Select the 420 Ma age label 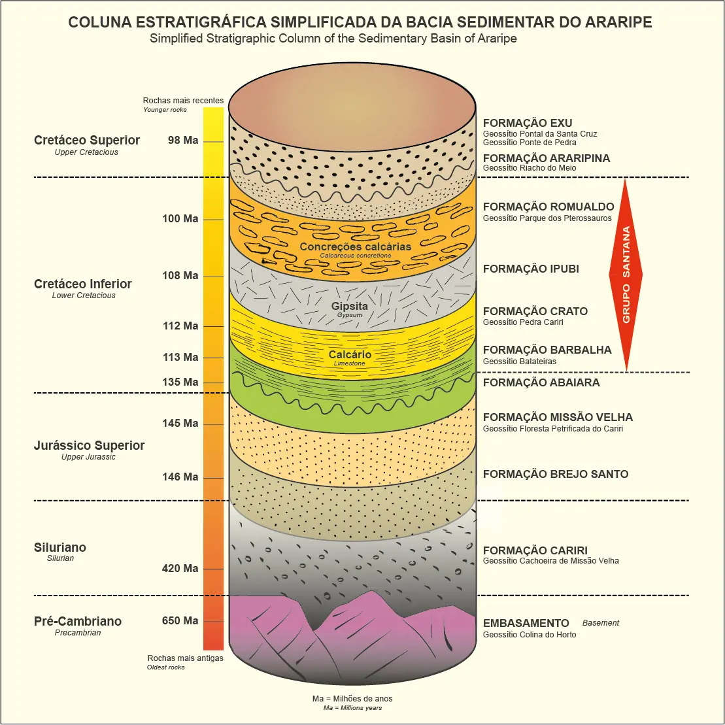point(180,568)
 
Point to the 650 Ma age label point(180,620)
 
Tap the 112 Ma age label point(180,326)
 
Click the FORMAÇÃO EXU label point(527,123)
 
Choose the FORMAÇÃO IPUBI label point(531,269)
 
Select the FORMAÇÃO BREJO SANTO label point(555,474)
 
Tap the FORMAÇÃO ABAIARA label point(541,382)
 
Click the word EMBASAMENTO point(526,623)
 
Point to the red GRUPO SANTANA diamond point(626,275)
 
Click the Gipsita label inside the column point(349,306)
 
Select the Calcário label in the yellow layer point(350,354)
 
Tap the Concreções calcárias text point(356,246)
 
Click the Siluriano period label point(60,547)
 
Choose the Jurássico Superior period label point(89,445)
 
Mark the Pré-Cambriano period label point(78,621)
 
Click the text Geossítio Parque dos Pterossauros point(547,218)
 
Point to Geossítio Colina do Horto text point(530,635)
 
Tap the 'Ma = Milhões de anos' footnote point(352,698)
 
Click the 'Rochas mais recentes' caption point(183,101)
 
